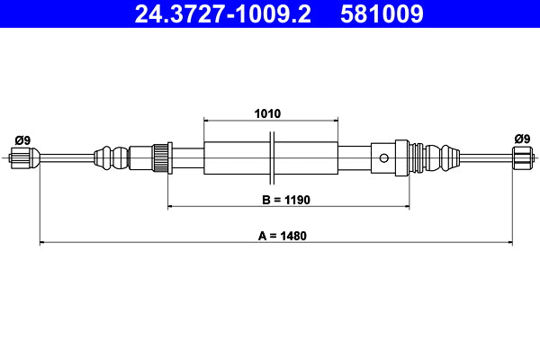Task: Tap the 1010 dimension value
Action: (268, 114)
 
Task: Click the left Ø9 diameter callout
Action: (22, 139)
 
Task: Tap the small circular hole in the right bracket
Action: (384, 159)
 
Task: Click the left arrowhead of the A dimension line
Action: (42, 242)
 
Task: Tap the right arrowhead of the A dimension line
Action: (509, 242)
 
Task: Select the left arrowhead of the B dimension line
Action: (172, 207)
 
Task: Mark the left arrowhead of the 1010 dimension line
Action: (208, 121)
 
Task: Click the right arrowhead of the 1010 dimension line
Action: (336, 121)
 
